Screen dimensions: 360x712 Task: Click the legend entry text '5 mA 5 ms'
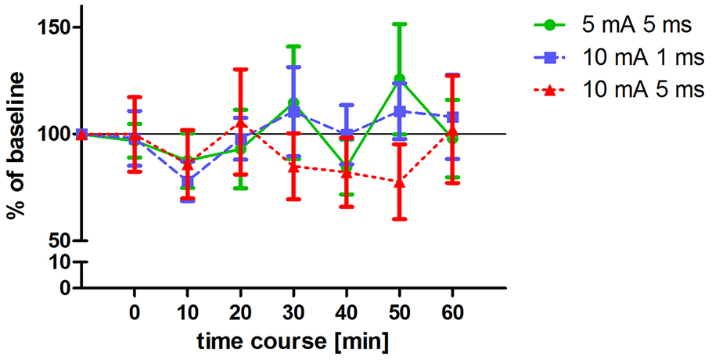coord(637,25)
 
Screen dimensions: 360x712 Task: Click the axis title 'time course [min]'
coord(293,342)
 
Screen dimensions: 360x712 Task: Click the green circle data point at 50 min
coord(400,79)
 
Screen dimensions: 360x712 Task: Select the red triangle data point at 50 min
coord(400,182)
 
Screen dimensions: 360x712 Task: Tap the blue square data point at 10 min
coord(188,182)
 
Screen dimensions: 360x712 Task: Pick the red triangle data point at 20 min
coord(241,124)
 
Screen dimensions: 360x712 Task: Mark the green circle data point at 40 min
coord(347,167)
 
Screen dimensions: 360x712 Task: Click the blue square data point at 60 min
coord(452,117)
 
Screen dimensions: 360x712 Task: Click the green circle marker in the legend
coord(550,25)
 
